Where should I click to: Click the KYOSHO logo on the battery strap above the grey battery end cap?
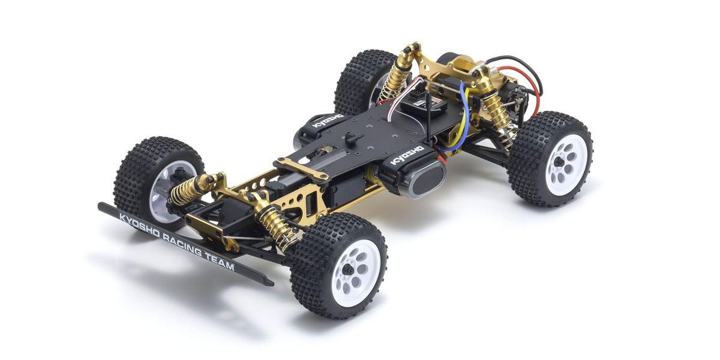(408, 155)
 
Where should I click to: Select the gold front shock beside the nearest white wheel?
(278, 225)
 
